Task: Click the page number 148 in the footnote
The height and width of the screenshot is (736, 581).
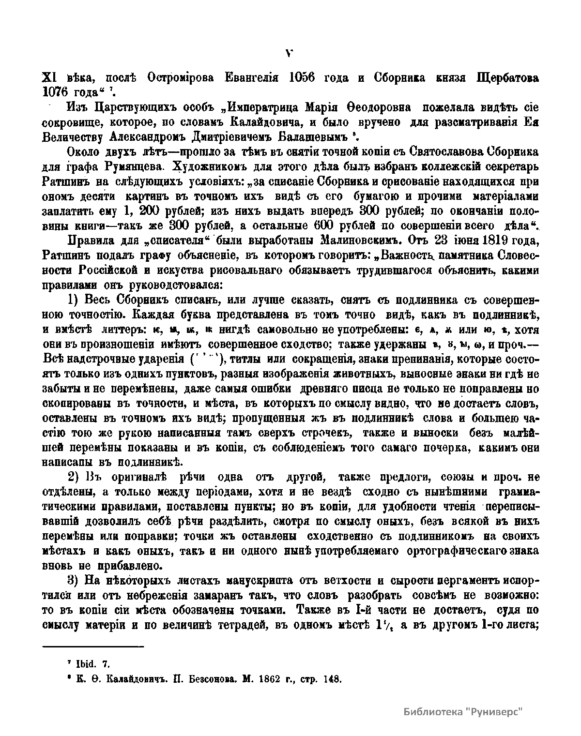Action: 333,678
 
